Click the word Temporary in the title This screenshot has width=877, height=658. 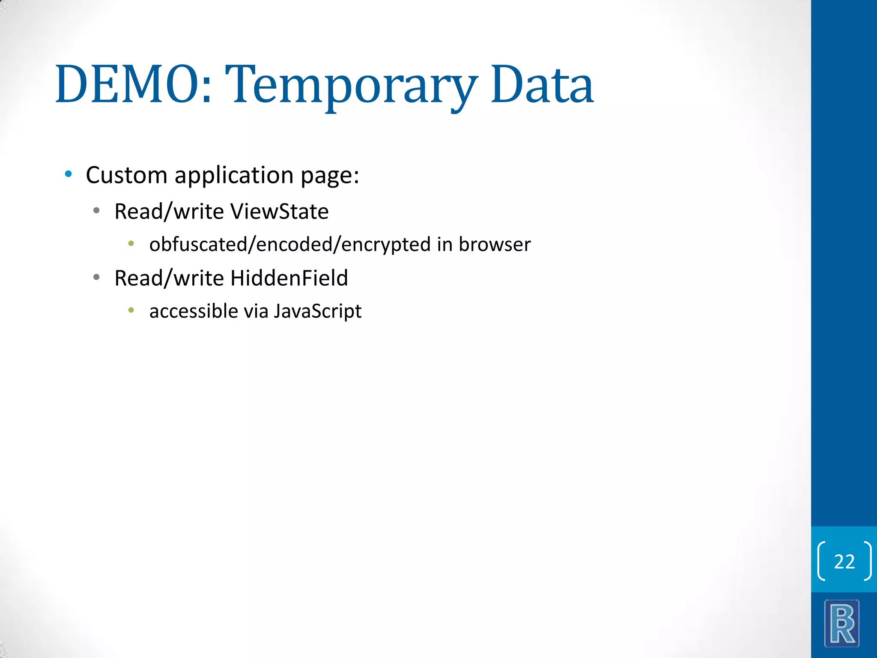[351, 86]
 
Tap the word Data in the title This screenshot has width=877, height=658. [542, 84]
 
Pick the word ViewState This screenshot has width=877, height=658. [279, 212]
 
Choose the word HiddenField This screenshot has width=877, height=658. [289, 278]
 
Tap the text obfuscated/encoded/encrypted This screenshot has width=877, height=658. [289, 245]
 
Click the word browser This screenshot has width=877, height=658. [495, 245]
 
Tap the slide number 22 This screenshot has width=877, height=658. [844, 562]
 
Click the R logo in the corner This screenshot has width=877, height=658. [842, 623]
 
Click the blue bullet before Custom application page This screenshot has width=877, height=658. [68, 174]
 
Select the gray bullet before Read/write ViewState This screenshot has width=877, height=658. [96, 211]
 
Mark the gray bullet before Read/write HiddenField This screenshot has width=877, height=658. [96, 278]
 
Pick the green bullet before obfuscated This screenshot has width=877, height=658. [131, 244]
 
